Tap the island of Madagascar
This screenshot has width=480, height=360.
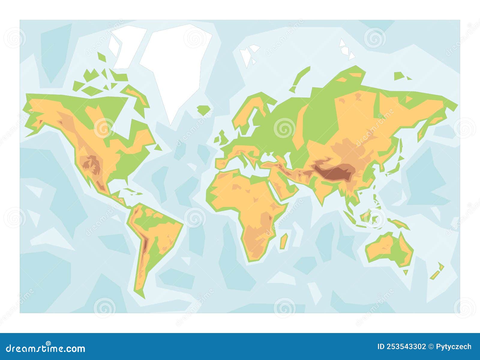(x=284, y=241)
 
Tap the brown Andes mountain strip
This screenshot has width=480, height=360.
(x=144, y=246)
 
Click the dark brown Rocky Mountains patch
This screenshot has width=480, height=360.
(x=91, y=165)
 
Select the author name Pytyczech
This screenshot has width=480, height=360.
(x=453, y=347)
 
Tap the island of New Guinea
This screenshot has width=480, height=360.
(x=399, y=223)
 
